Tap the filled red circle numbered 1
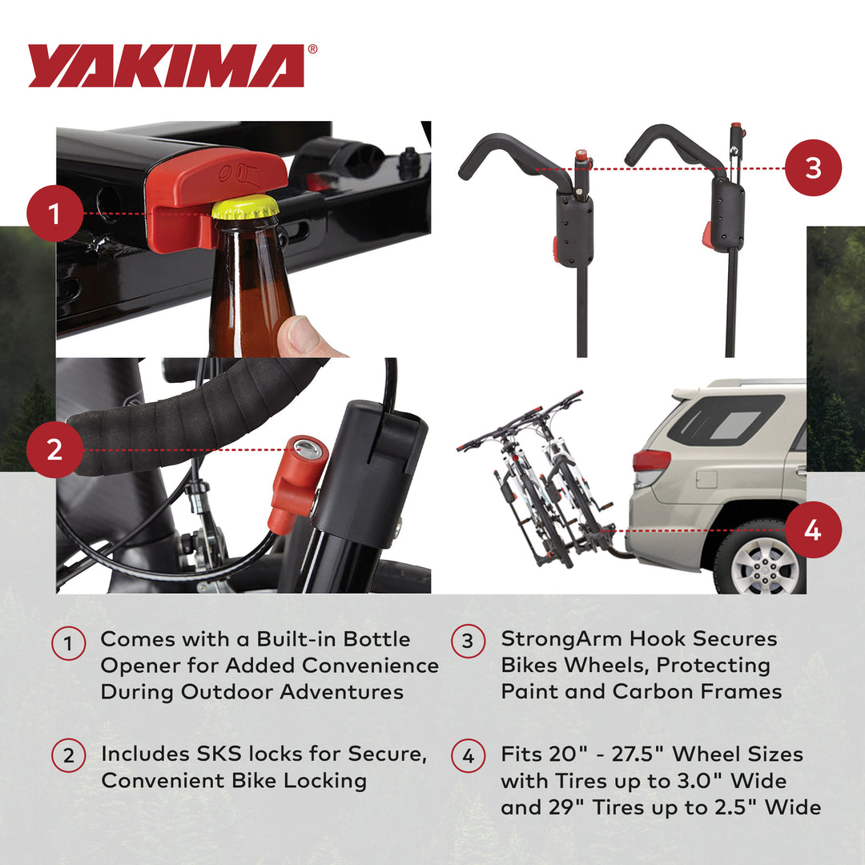pos(54,214)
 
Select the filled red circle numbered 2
pos(54,449)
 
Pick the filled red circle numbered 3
pos(813,168)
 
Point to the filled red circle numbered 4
pos(813,530)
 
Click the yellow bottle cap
pos(245,207)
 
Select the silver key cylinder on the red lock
pos(308,449)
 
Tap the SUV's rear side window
pos(725,420)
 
